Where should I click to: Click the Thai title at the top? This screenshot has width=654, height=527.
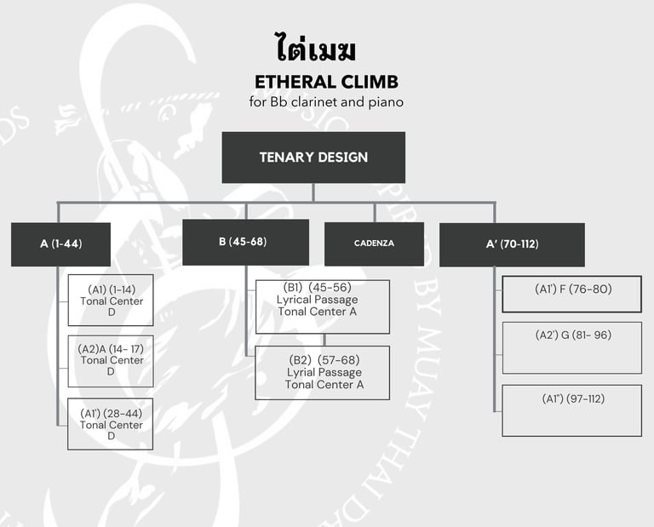pyautogui.click(x=315, y=49)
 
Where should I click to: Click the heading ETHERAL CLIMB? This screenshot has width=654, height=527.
pyautogui.click(x=326, y=83)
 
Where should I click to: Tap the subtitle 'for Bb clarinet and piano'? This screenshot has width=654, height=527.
pyautogui.click(x=326, y=102)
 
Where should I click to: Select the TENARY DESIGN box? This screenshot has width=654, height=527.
pyautogui.click(x=313, y=158)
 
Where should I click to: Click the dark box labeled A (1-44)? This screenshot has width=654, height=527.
pyautogui.click(x=60, y=244)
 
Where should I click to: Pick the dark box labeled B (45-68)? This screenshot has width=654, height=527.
pyautogui.click(x=245, y=242)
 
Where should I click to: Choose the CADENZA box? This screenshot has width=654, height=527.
pyautogui.click(x=374, y=243)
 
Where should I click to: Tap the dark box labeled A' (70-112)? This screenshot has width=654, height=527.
pyautogui.click(x=512, y=244)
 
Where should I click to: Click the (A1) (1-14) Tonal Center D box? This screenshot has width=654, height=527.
pyautogui.click(x=111, y=301)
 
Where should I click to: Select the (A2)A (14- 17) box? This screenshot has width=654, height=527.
pyautogui.click(x=111, y=361)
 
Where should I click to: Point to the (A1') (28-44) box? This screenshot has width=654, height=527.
pyautogui.click(x=111, y=424)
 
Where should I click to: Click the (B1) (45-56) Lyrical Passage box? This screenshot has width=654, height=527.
pyautogui.click(x=323, y=306)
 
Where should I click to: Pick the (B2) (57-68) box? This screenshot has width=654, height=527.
pyautogui.click(x=323, y=372)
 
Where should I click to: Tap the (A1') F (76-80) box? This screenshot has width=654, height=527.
pyautogui.click(x=571, y=294)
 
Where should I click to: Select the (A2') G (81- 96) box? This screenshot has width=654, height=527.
pyautogui.click(x=571, y=347)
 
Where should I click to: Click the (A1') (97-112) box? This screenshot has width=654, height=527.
pyautogui.click(x=571, y=410)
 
